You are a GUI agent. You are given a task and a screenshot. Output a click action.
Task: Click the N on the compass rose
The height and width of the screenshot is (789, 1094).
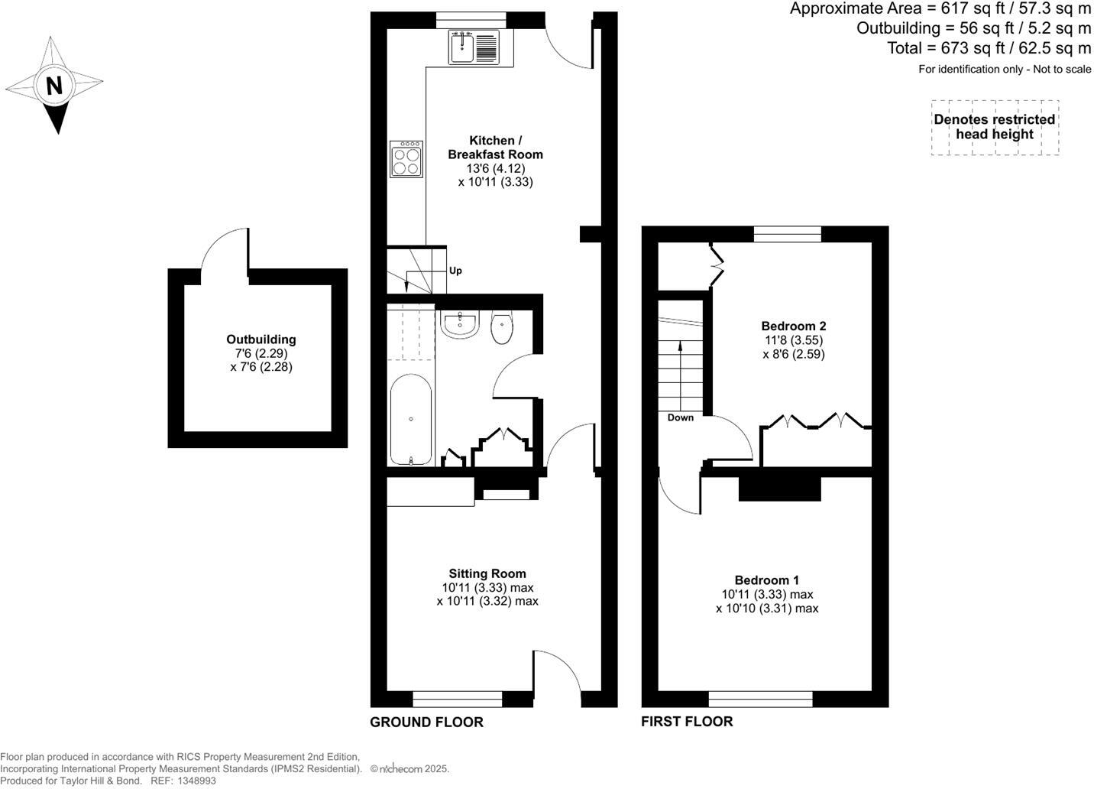tap(53, 85)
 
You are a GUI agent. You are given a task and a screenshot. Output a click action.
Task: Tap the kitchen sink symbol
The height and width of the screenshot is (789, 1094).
tap(474, 47)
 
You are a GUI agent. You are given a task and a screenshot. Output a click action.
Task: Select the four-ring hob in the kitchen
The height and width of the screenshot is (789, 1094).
tap(406, 159)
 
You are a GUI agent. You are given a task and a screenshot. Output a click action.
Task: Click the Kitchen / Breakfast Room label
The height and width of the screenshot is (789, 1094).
tap(495, 148)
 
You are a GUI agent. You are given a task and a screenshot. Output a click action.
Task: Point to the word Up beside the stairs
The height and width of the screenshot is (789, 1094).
tap(455, 271)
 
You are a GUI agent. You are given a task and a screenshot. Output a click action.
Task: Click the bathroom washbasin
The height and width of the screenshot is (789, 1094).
tap(460, 324)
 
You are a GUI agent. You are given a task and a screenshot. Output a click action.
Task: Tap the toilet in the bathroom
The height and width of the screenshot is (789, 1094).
tap(502, 329)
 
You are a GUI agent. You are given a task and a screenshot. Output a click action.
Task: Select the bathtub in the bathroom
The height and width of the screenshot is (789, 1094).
tap(411, 421)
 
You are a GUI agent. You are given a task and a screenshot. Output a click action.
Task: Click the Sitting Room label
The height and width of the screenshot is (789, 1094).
tap(487, 573)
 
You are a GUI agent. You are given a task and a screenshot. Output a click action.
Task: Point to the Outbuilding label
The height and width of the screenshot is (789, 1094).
tap(261, 339)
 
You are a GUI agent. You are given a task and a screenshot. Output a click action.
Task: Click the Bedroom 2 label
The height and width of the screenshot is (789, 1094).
tap(794, 326)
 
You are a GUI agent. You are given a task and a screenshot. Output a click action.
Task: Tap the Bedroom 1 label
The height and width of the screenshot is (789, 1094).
tap(767, 580)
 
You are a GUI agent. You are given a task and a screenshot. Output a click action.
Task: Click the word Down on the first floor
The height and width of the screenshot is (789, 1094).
tap(681, 417)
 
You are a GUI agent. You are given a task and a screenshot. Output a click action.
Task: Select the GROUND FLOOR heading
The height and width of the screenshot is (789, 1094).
tap(426, 722)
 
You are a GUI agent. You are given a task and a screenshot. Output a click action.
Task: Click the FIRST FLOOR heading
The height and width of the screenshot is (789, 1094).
tap(687, 722)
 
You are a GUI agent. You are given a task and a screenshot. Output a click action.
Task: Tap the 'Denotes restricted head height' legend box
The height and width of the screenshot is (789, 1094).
tap(995, 128)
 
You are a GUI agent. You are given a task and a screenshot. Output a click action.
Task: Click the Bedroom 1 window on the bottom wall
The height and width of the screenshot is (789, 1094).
tap(760, 698)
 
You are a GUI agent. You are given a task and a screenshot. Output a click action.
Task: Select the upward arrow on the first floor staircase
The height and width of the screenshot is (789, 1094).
tap(680, 359)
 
